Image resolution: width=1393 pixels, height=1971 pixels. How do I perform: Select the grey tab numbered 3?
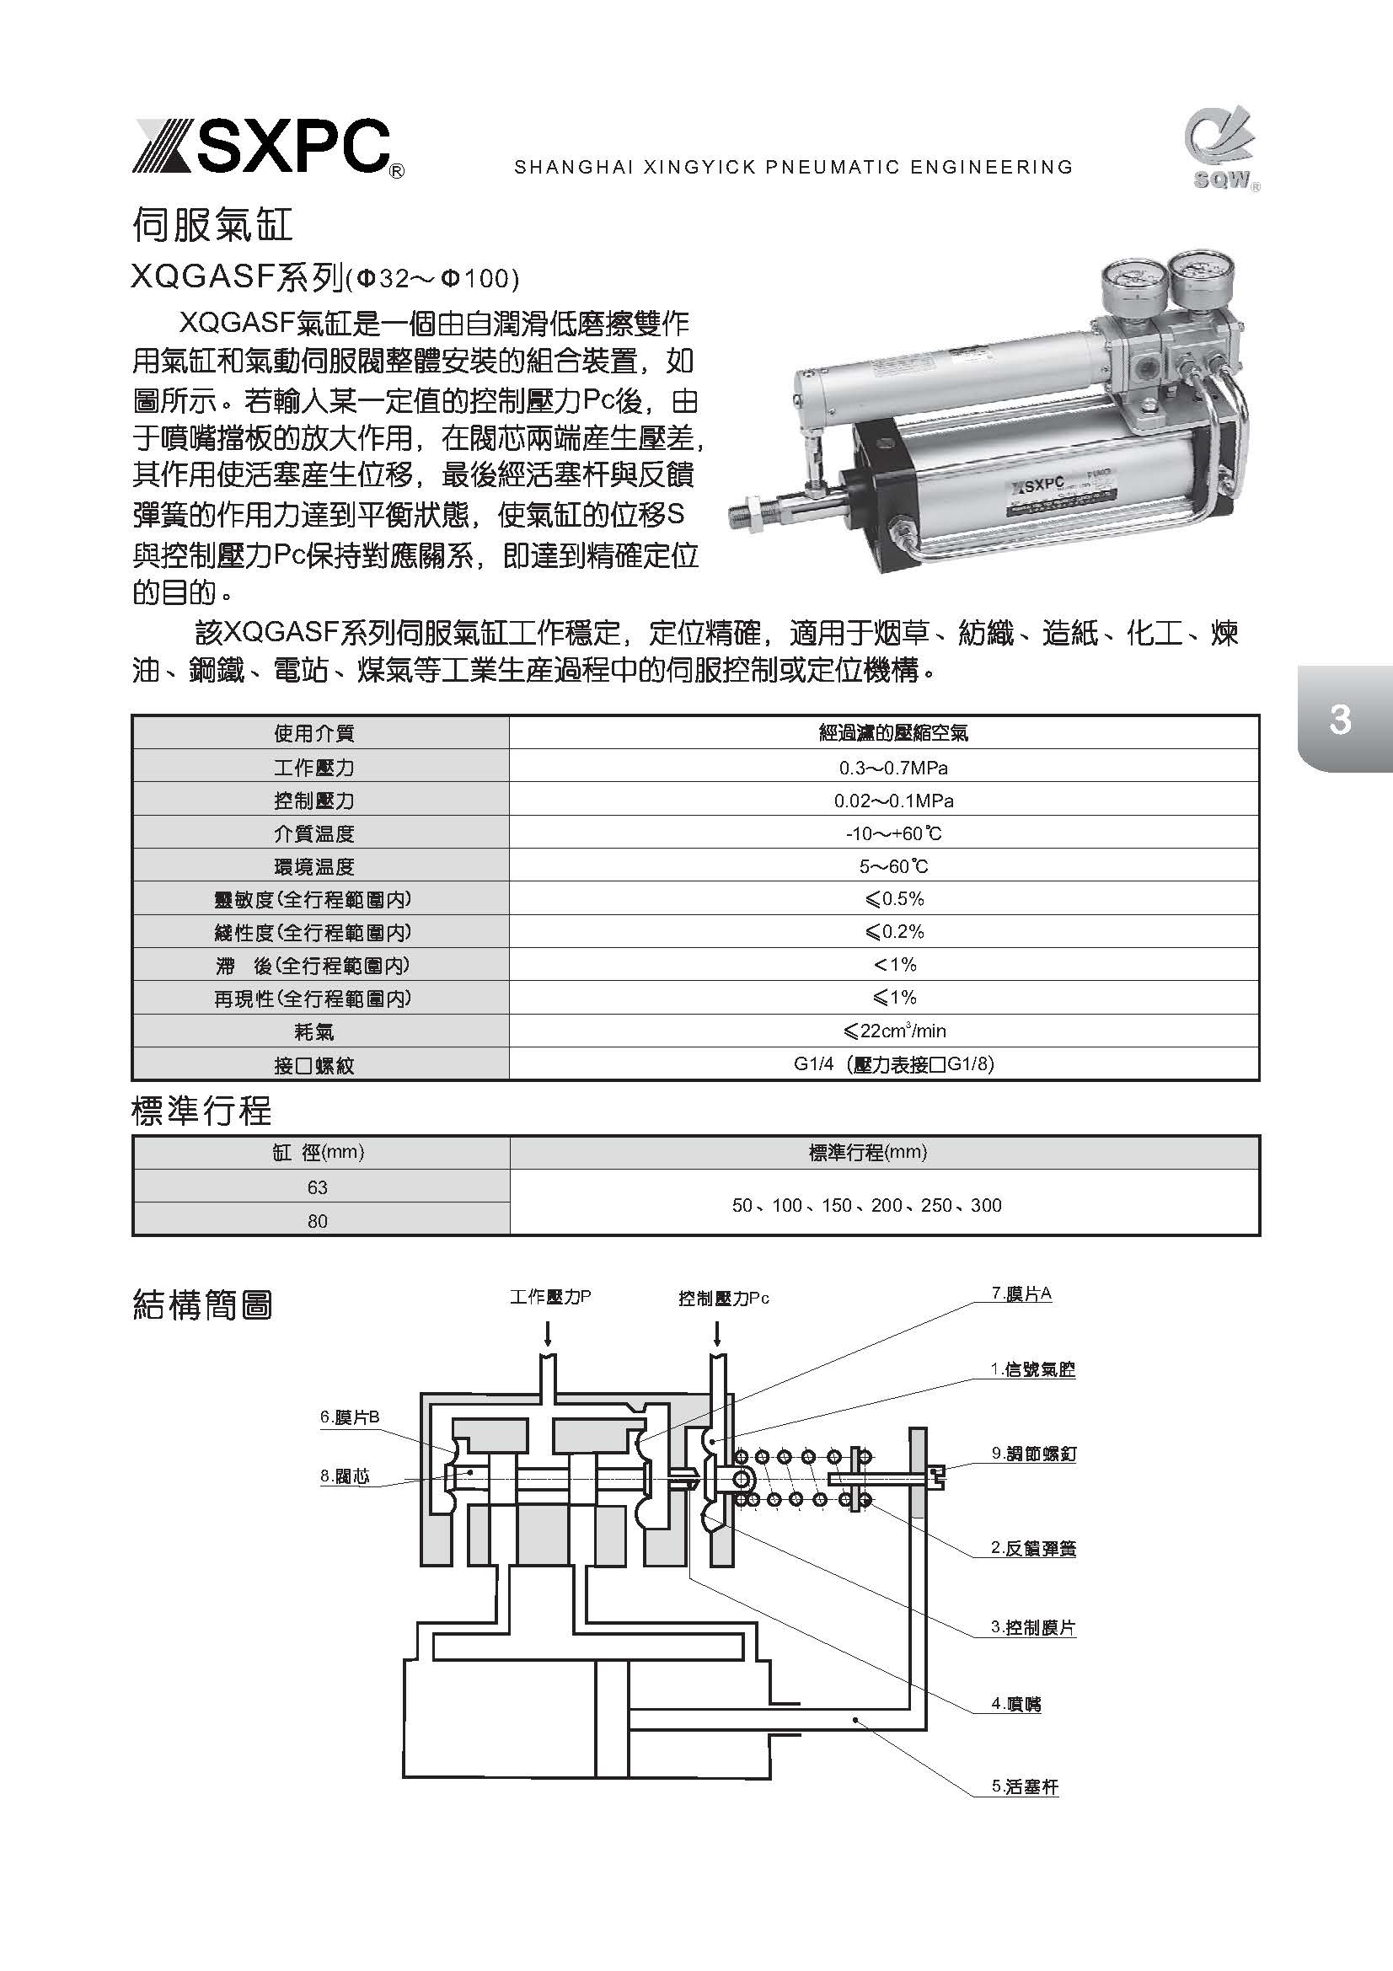click(x=1341, y=719)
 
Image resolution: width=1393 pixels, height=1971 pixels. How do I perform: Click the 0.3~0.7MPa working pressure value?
click(x=892, y=768)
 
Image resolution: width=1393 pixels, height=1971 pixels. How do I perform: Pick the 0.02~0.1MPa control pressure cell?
click(x=892, y=800)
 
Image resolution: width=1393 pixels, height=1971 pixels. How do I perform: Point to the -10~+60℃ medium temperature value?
click(x=892, y=833)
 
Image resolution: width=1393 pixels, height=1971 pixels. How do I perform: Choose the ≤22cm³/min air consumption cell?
click(x=892, y=1030)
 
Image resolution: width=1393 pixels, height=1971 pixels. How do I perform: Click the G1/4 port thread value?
click(x=892, y=1063)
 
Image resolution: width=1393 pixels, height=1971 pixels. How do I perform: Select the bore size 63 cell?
click(x=318, y=1187)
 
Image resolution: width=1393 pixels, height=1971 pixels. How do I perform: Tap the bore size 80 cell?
click(x=318, y=1221)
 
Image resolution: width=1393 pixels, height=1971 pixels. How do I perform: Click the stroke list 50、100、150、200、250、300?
click(x=866, y=1204)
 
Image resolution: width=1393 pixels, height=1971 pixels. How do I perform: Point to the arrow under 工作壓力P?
click(x=548, y=1332)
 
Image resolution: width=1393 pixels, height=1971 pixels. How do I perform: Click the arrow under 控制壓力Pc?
click(x=716, y=1332)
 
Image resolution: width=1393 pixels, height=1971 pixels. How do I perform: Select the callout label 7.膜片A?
click(x=1021, y=1293)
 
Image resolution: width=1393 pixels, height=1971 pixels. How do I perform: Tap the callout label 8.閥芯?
click(x=345, y=1476)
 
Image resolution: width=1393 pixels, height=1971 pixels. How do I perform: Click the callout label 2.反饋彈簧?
click(x=1033, y=1548)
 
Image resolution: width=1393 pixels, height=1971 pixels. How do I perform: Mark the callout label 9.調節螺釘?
click(x=1033, y=1454)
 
